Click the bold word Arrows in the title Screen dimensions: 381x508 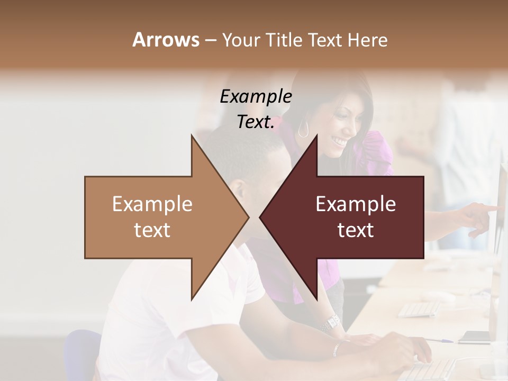166,40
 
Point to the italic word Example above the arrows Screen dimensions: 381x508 256,96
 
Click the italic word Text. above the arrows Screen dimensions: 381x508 256,122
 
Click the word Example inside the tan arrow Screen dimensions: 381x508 152,204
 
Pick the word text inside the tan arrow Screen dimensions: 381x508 152,230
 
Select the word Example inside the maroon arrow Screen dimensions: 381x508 356,204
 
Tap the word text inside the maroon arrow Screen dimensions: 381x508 356,230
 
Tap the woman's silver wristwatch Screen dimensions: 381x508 331,322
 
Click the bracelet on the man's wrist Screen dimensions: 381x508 337,348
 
